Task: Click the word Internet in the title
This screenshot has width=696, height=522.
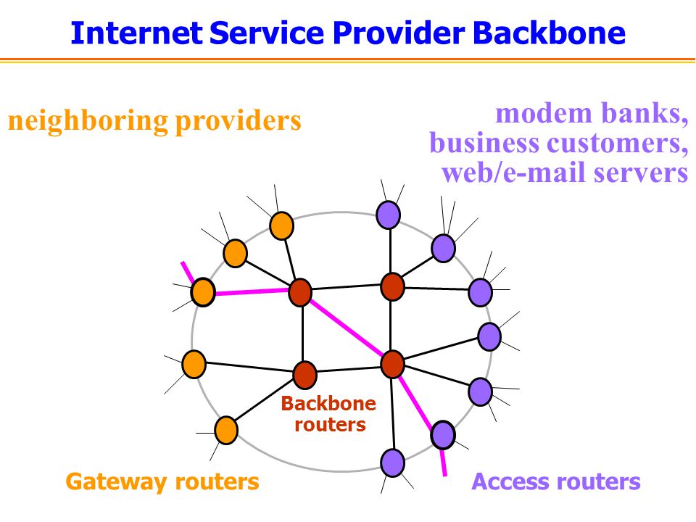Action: point(136,33)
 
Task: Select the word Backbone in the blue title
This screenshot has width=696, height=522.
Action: point(549,33)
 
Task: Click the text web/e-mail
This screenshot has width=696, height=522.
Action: point(514,173)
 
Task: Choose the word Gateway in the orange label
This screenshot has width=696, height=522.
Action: point(117,482)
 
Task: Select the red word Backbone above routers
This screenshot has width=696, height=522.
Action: point(328,404)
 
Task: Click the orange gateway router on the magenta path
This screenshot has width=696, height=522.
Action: point(203,292)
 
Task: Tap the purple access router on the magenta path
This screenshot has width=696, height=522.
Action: point(443,435)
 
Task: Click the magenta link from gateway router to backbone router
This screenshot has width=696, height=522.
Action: point(252,291)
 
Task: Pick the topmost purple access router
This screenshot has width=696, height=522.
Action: point(389,215)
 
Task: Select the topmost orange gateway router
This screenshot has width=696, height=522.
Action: point(282,226)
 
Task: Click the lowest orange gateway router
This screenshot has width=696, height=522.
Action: point(226,430)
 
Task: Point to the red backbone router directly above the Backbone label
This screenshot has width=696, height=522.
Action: point(305,375)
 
